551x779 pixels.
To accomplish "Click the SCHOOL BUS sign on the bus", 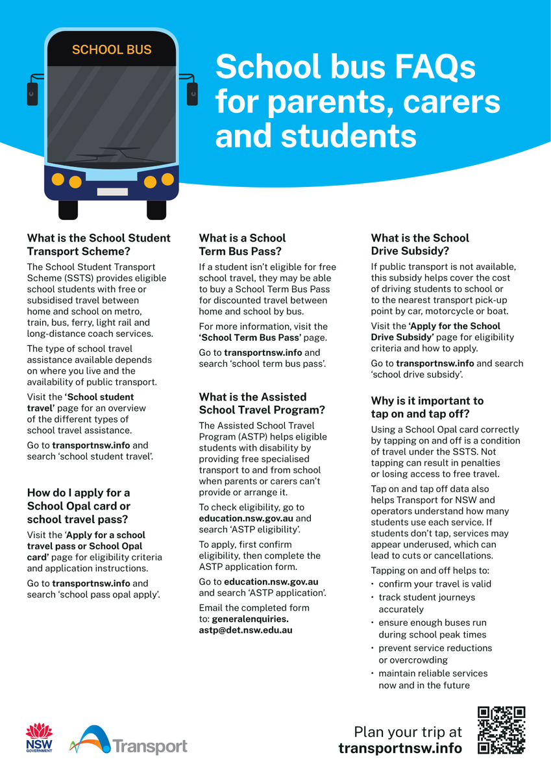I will pos(111,50).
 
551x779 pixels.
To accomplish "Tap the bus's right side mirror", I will pos(192,93).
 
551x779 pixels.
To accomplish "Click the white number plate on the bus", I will pos(112,192).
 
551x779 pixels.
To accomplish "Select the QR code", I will pos(501,730).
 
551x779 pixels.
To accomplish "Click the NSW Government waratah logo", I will pos(39,737).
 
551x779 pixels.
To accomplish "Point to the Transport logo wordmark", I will pos(149,747).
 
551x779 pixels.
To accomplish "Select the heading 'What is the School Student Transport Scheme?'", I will pos(99,245).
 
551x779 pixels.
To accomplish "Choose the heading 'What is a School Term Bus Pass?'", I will pos(242,245).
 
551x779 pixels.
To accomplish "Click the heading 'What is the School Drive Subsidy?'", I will pos(420,245).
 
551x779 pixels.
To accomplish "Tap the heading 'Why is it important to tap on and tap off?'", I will pos(427,408).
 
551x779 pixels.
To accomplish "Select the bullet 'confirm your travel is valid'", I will pos(434,584).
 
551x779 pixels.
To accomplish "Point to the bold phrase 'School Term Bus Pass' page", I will pos(251,338).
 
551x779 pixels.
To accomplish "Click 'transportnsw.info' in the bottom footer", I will pos(400,748).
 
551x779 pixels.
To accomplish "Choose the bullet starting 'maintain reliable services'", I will pos(433,673).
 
